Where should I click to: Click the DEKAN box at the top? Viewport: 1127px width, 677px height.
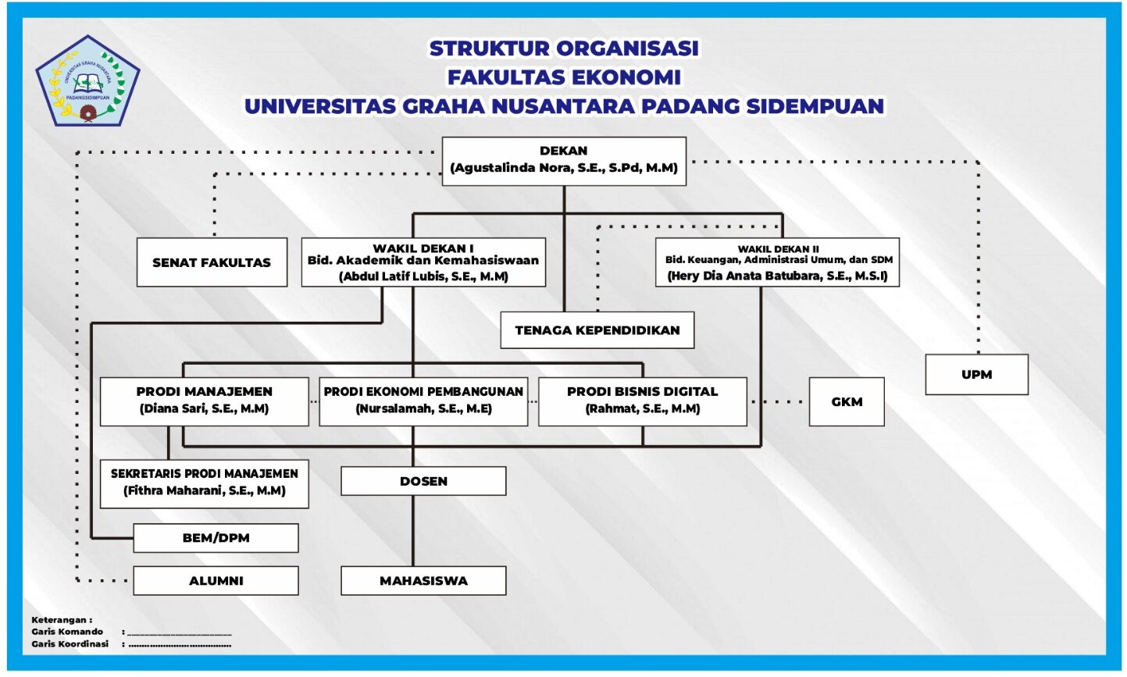click(563, 161)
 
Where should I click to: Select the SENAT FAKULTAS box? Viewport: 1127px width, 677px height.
click(212, 262)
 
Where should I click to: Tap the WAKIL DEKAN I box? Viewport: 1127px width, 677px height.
click(423, 262)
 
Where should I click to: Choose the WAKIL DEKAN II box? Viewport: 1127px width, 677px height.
click(777, 262)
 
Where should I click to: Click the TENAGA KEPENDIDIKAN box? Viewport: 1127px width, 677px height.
click(597, 330)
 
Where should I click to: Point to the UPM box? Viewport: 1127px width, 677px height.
click(976, 375)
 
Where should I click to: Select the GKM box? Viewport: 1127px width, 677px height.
click(847, 402)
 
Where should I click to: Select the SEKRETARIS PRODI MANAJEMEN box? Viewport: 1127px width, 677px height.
click(204, 483)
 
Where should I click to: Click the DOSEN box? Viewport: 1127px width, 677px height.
click(423, 481)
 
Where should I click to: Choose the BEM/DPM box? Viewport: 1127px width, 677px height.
click(216, 538)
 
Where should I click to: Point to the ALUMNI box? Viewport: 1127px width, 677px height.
click(216, 581)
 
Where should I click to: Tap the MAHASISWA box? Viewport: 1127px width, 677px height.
click(423, 581)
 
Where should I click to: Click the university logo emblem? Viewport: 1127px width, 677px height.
click(87, 82)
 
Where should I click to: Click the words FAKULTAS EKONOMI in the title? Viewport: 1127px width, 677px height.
click(564, 77)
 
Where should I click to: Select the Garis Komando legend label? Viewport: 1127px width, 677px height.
click(67, 632)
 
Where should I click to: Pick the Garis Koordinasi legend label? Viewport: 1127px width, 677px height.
click(70, 644)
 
